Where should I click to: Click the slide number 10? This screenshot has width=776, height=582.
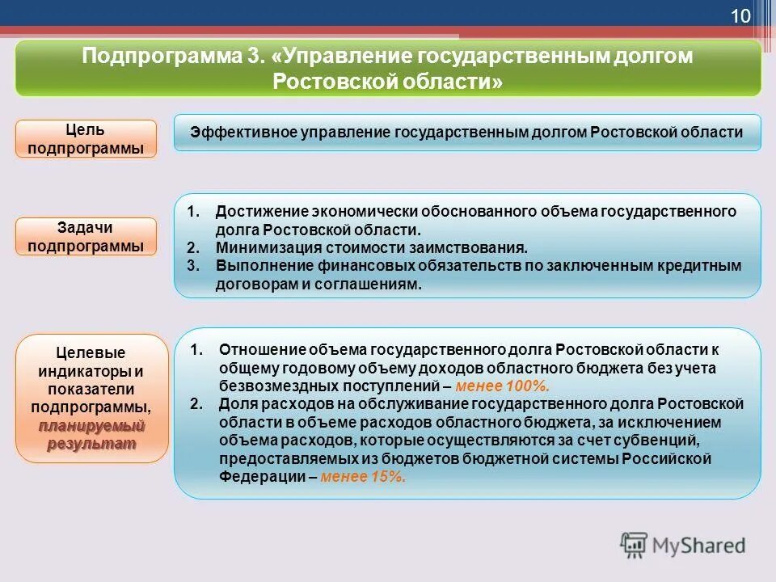pyautogui.click(x=740, y=16)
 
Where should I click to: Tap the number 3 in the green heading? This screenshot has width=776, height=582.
pyautogui.click(x=258, y=57)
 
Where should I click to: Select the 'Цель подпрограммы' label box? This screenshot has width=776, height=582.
pyautogui.click(x=86, y=138)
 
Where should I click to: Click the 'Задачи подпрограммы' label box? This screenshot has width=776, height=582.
pyautogui.click(x=86, y=236)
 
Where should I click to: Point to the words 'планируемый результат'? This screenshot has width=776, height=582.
pyautogui.click(x=91, y=434)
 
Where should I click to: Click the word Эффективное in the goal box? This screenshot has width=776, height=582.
pyautogui.click(x=234, y=133)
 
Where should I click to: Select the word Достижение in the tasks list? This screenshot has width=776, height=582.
pyautogui.click(x=258, y=211)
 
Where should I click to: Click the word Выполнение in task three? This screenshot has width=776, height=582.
pyautogui.click(x=259, y=266)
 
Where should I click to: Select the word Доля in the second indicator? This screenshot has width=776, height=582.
pyautogui.click(x=235, y=403)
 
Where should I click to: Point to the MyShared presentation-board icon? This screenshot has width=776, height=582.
pyautogui.click(x=635, y=545)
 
